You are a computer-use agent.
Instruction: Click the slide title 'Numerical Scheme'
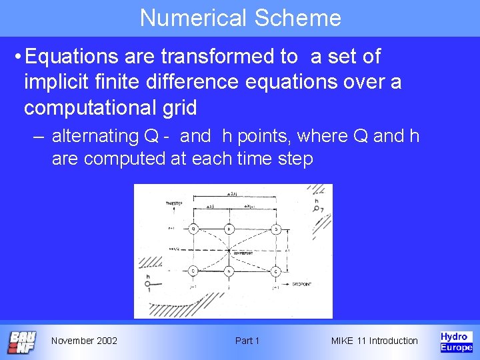coord(240,18)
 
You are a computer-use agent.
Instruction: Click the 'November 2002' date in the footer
coord(84,341)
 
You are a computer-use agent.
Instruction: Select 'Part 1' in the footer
coord(247,341)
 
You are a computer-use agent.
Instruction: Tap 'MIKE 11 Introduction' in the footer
coord(375,341)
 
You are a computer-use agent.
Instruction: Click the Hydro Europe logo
coord(456,341)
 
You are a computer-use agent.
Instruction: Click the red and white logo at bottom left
coord(22,341)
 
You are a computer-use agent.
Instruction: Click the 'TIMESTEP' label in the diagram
coord(175,203)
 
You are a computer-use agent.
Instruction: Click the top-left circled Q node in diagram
coord(193,229)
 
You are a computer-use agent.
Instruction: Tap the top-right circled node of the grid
coord(275,229)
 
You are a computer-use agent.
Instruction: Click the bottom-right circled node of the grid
coord(275,271)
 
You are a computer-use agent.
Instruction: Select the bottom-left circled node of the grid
coord(193,271)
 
